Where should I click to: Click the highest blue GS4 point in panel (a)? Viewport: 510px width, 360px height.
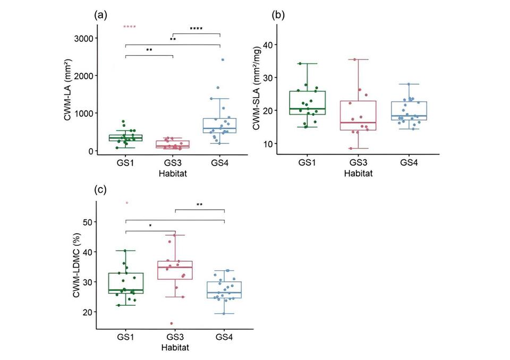pyautogui.click(x=223, y=60)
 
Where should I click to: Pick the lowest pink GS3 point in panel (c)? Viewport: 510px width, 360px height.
pyautogui.click(x=172, y=323)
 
